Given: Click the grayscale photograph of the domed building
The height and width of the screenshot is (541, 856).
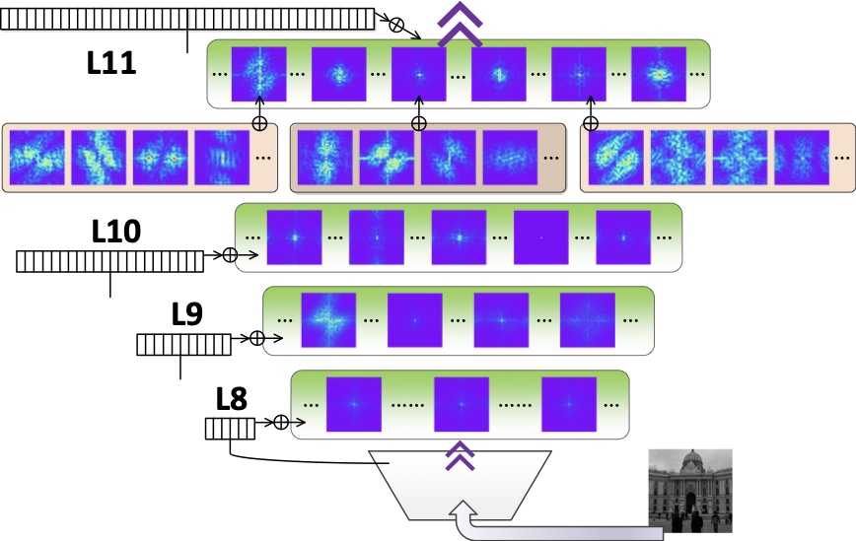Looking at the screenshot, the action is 689,490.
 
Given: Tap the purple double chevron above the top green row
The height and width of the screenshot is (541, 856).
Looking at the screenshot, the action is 460,24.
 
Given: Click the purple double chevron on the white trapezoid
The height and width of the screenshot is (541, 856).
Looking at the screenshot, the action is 460,455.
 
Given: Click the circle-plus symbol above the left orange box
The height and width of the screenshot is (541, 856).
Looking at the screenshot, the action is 259,125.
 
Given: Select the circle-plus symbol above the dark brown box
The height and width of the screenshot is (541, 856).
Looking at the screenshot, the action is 418,125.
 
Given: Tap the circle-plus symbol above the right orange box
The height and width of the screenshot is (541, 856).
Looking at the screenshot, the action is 591,125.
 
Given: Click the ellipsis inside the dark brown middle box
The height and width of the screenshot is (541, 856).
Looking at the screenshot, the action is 550,158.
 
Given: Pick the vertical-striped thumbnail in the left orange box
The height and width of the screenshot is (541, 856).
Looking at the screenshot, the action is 222,158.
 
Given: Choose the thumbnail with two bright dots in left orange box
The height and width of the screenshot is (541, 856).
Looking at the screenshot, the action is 161,158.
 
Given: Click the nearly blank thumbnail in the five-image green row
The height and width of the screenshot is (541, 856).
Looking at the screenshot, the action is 540,237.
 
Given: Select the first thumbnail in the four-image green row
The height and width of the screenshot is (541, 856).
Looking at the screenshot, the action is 328,320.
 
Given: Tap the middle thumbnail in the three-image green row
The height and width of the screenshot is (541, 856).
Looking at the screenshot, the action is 462,404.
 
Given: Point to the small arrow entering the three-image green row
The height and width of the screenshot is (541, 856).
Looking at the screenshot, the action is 297,423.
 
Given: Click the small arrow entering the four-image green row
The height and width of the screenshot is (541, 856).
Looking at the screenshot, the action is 273,338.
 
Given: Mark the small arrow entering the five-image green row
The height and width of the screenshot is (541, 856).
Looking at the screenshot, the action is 247,255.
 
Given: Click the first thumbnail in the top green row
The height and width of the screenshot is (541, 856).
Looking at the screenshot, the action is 259,74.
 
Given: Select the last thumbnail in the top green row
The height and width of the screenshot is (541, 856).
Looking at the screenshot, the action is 658,74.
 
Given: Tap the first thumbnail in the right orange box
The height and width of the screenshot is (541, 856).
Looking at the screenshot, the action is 616,158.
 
